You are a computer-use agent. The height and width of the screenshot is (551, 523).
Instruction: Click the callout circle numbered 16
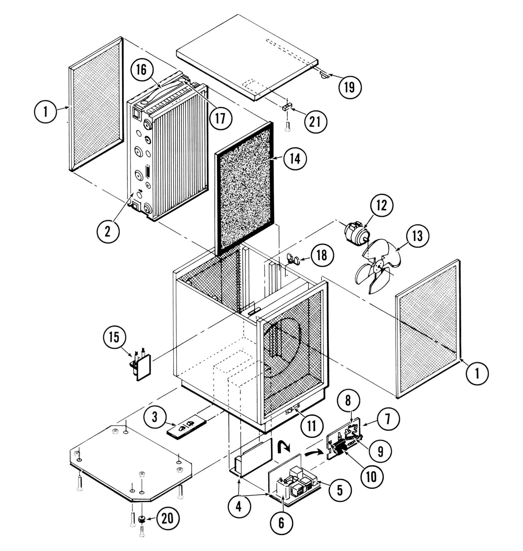(x=141, y=70)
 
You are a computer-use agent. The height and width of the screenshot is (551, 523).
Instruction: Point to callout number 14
(x=295, y=159)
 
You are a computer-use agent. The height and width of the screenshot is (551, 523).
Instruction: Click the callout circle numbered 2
(x=108, y=231)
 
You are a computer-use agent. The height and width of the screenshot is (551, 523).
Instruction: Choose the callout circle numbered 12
(x=382, y=206)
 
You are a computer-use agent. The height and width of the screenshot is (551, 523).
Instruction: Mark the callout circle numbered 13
(x=418, y=236)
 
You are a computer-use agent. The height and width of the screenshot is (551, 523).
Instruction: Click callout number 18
(x=322, y=255)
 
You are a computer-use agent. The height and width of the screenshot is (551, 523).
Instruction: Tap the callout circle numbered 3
(x=155, y=417)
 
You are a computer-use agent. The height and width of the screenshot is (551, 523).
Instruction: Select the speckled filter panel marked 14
(x=245, y=190)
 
